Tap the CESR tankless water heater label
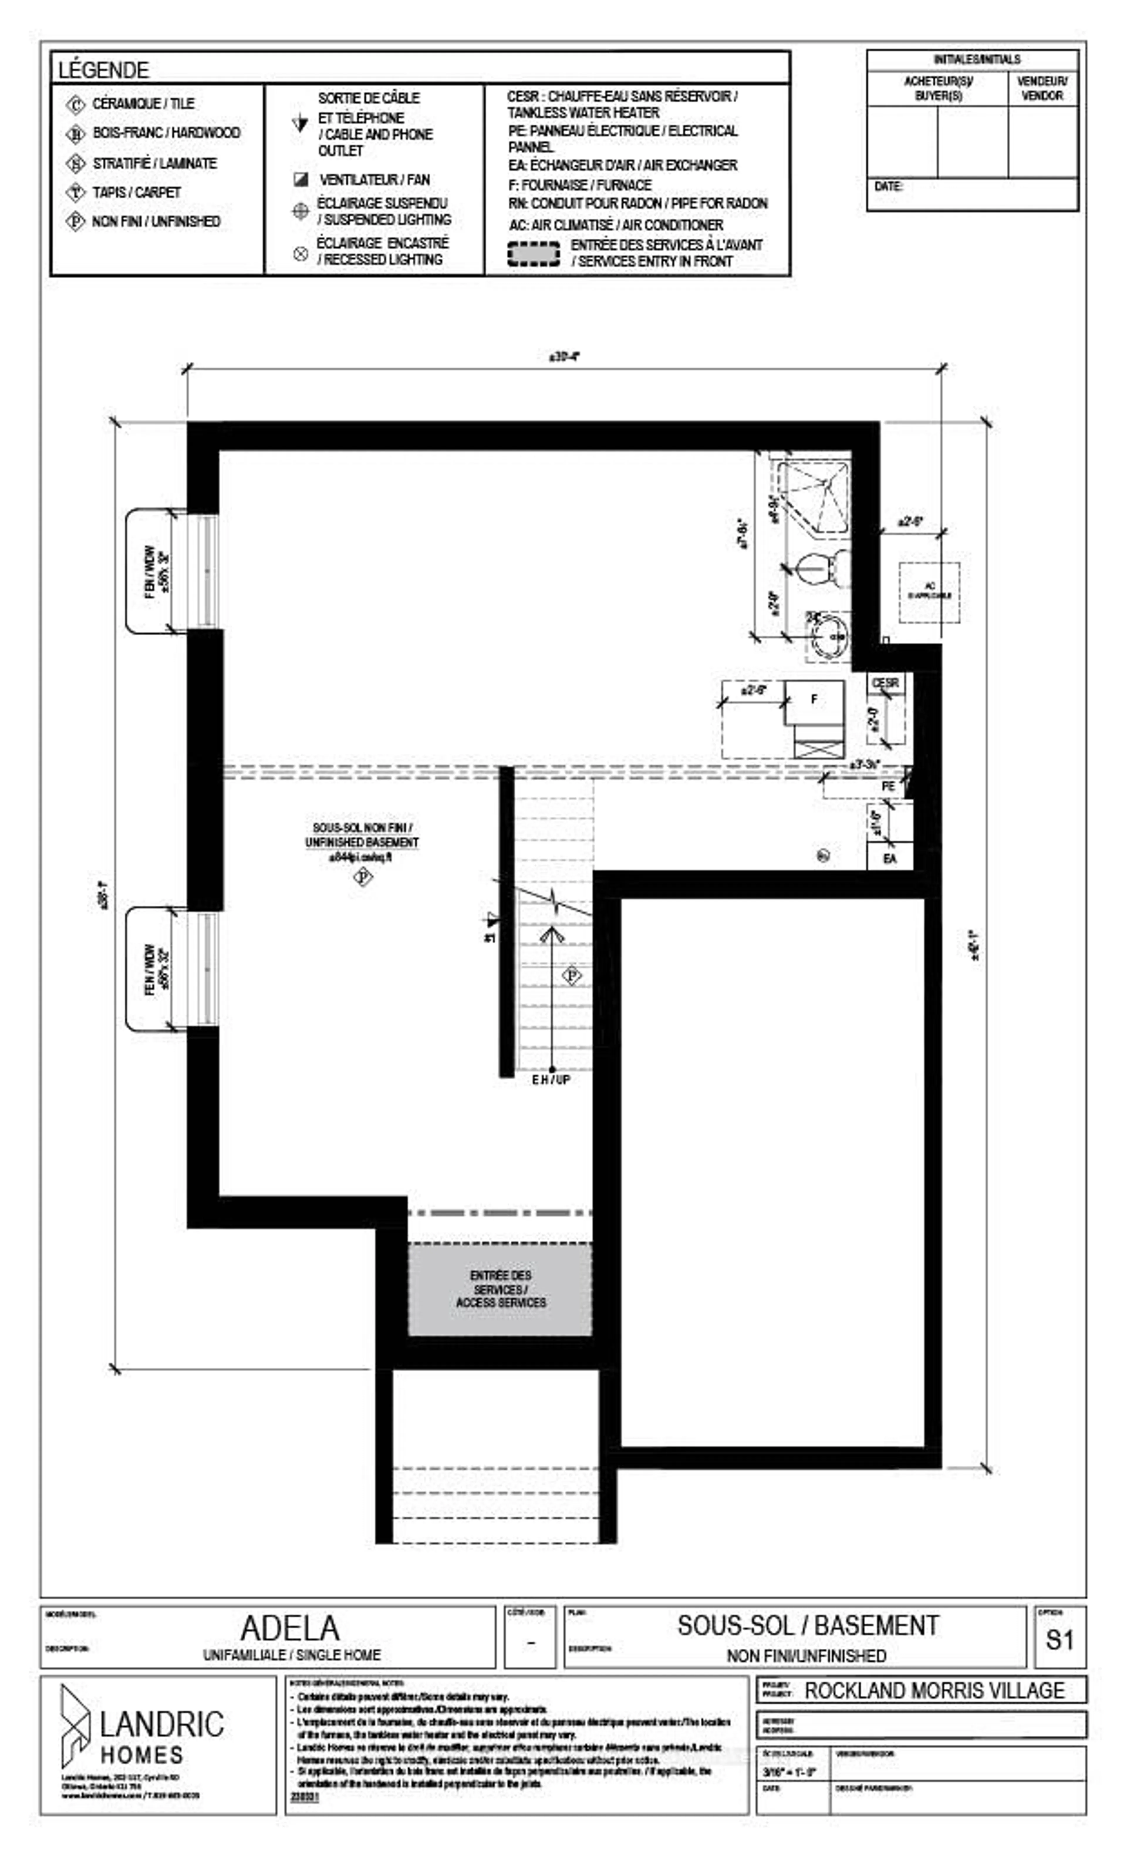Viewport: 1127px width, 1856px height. (885, 683)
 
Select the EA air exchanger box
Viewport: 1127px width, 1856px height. (889, 858)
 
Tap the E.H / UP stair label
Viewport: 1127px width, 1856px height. (551, 1079)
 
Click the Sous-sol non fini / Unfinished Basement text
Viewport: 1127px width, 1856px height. (362, 835)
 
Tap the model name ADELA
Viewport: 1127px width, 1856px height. (290, 1628)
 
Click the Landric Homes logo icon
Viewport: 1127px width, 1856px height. (75, 1725)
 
